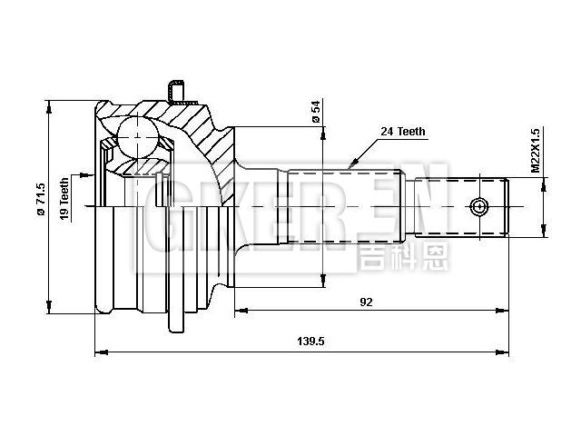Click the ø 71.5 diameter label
40,199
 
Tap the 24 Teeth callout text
402,132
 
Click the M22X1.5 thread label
536,150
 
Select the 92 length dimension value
367,302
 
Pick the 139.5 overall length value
311,341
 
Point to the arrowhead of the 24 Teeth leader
349,166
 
